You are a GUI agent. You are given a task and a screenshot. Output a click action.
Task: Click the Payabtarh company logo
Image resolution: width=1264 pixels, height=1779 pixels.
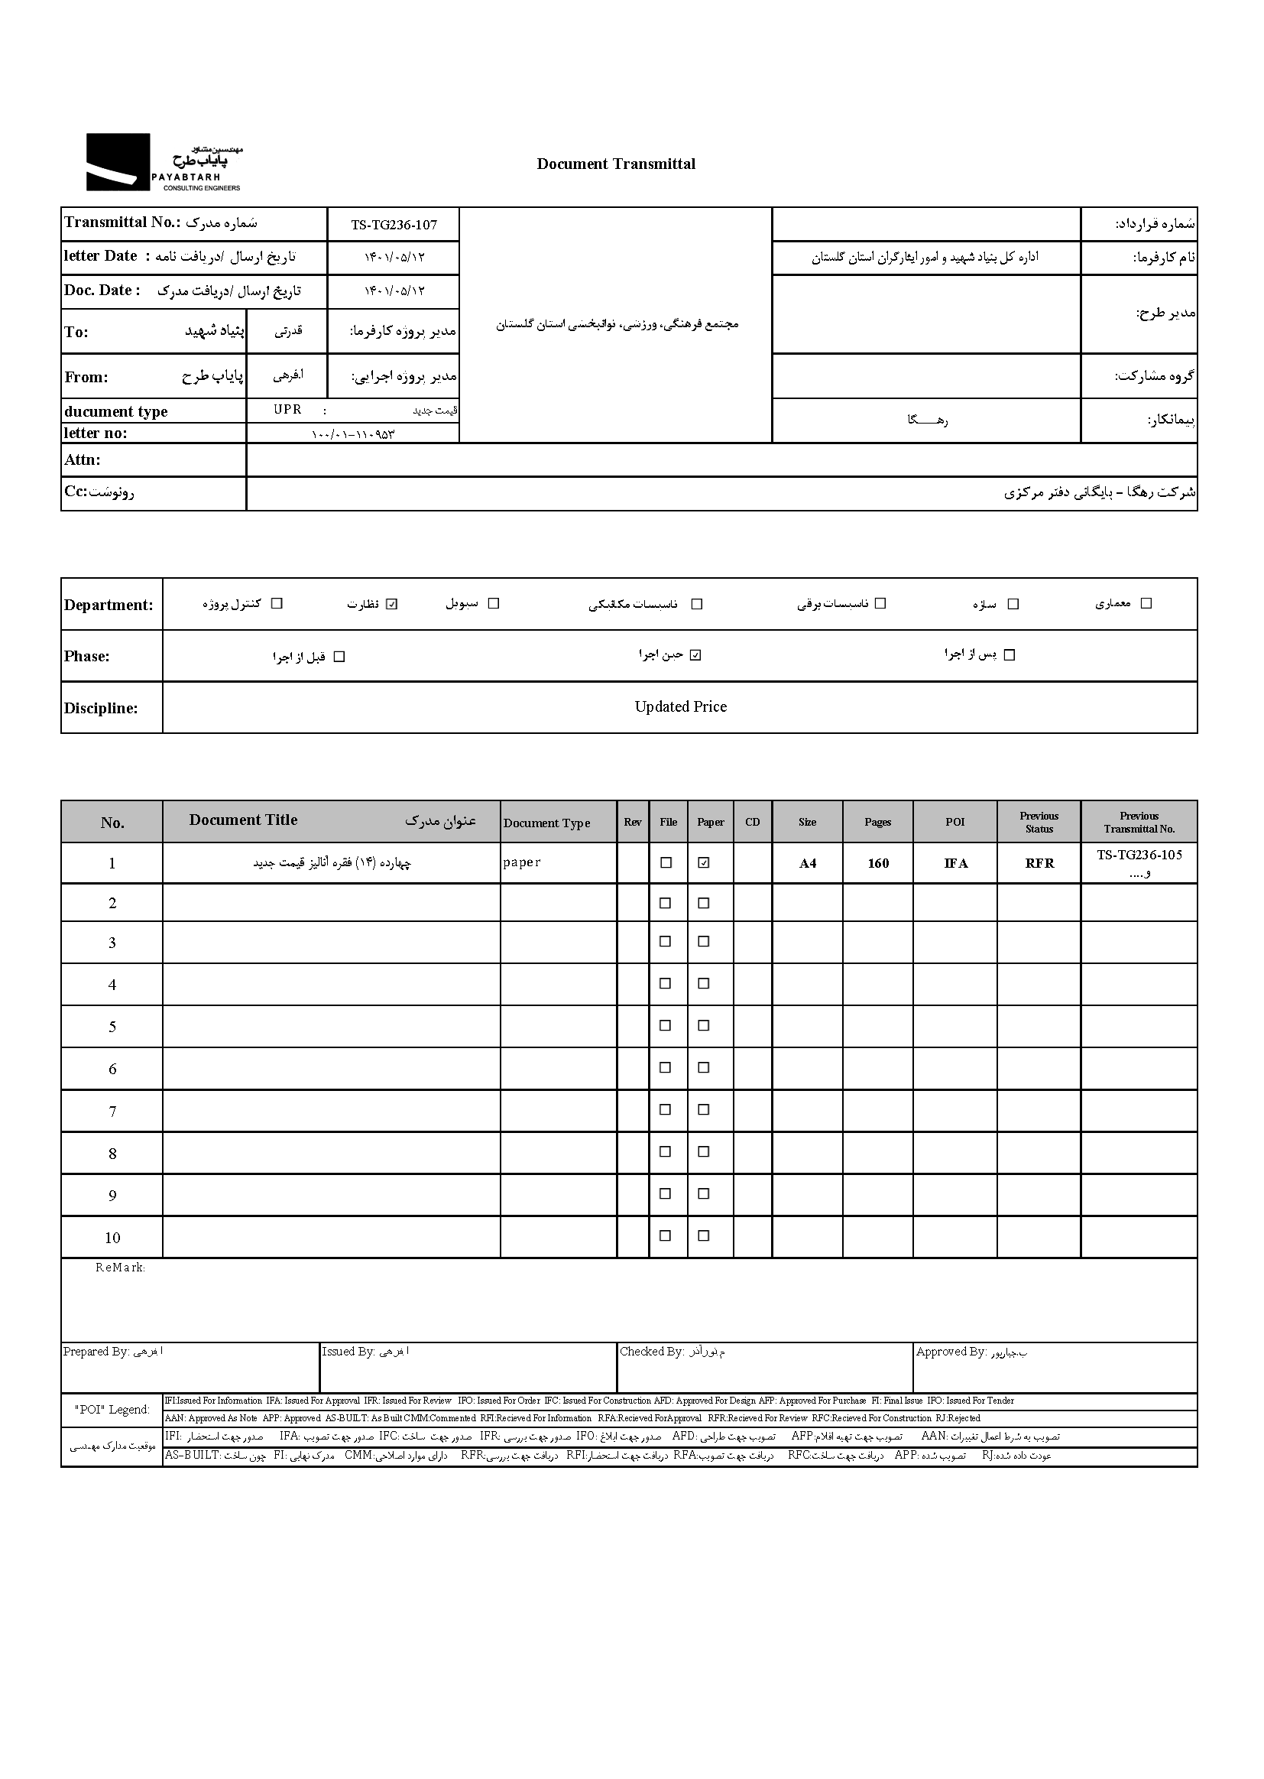coord(164,163)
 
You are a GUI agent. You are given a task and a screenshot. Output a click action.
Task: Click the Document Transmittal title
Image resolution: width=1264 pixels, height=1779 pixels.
coord(616,164)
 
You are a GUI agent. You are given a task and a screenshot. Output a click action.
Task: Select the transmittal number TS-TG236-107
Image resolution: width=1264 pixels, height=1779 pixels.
coord(394,225)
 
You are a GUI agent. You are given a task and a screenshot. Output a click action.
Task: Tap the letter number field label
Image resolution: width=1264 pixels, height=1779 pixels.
coord(95,433)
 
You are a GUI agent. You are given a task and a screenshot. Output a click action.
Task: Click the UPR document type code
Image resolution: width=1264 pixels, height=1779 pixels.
coord(287,410)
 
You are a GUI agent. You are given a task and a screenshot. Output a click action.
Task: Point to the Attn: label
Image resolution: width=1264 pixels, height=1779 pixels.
coord(83,460)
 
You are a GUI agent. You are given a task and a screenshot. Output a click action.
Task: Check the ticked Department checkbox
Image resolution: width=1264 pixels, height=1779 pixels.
coord(391,604)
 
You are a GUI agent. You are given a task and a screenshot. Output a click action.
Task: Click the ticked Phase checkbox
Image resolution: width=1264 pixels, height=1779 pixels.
coord(696,655)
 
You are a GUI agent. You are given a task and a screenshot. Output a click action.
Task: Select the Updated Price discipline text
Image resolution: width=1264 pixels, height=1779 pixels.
coord(680,707)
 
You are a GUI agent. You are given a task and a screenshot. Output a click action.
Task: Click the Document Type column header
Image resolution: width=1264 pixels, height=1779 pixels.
coord(546,823)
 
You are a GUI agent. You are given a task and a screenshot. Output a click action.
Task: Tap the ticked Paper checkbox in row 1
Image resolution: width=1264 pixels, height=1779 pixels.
coord(705,862)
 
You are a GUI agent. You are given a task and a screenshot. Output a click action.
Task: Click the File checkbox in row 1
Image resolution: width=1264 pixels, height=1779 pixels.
coord(666,862)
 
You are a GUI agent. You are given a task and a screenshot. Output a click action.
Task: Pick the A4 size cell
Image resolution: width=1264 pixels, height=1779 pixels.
coord(807,863)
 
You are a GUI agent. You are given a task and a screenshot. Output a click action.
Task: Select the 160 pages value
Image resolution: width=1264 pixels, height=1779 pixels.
coord(878,863)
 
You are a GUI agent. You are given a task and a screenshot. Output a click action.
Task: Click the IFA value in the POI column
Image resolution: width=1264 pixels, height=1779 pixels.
coord(955,863)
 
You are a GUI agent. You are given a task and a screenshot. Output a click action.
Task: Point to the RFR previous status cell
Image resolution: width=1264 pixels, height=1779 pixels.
coord(1039,863)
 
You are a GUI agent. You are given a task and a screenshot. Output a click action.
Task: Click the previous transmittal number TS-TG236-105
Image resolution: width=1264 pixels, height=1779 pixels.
coord(1139,855)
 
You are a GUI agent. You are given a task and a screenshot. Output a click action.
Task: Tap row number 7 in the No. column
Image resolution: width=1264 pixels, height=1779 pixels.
coord(112,1112)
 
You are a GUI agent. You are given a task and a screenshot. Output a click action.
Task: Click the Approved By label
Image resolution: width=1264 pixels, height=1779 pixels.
coord(951,1352)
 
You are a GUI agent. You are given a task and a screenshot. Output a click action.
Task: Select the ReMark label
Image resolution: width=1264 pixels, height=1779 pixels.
coord(120,1268)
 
